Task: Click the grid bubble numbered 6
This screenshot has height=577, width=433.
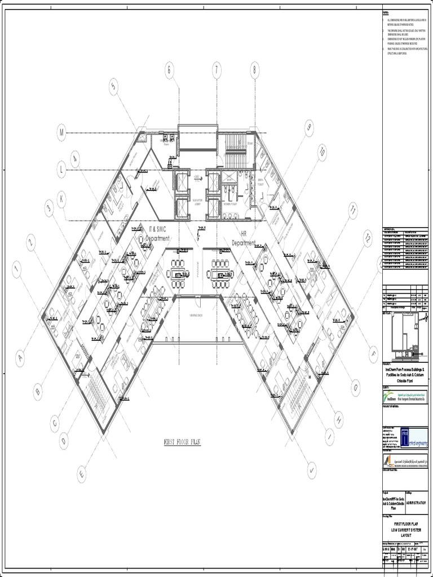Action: [169, 70]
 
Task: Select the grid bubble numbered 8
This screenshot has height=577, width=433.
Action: [255, 70]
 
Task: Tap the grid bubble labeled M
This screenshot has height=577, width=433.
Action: [61, 133]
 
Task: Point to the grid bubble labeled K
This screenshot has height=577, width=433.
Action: [61, 197]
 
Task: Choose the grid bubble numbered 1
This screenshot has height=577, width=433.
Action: [17, 269]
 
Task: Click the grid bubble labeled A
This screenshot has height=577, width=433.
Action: [20, 357]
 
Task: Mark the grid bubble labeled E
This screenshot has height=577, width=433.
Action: [81, 475]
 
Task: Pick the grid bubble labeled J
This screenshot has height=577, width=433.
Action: [312, 469]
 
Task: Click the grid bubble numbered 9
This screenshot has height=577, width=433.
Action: [308, 127]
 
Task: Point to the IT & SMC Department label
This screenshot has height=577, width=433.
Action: [158, 233]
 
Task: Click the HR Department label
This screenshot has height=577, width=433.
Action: [244, 238]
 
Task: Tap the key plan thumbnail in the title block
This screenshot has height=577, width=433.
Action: [405, 335]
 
